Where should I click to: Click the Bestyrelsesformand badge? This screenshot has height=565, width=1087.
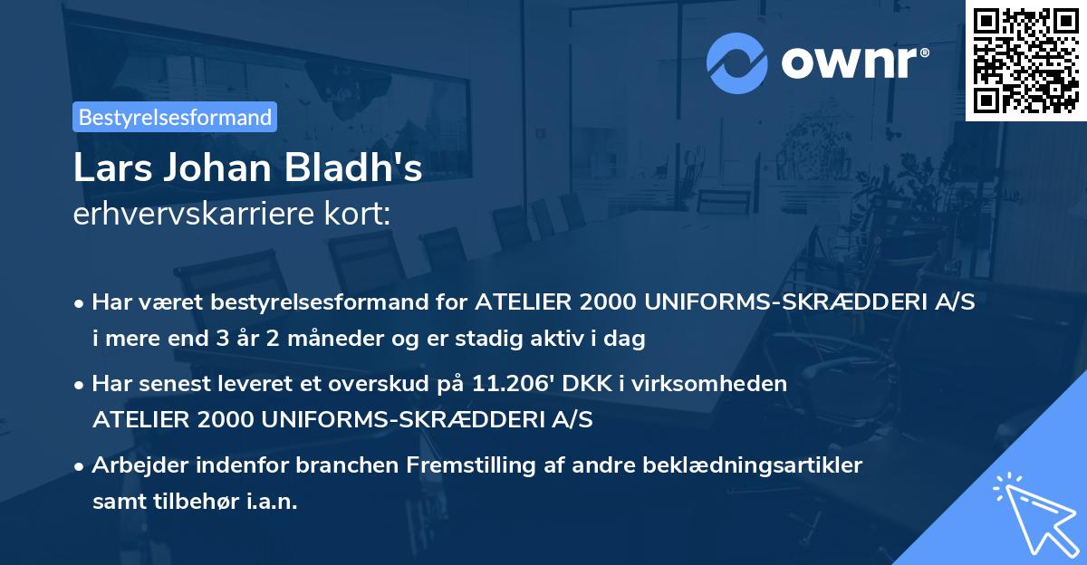175,117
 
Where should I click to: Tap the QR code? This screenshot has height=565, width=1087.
1026,60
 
